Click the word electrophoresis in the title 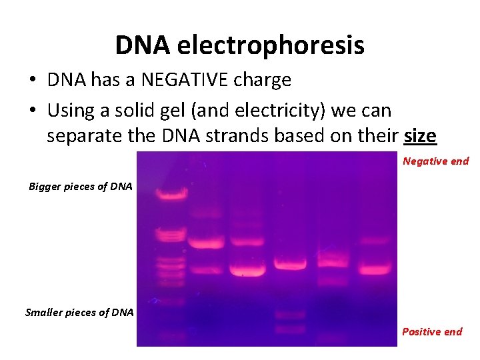271,46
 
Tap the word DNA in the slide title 142,46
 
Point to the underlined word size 420,136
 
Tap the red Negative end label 435,161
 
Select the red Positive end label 431,332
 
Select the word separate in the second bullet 82,136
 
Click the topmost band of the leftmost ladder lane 165,194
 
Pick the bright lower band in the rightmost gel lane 373,269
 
